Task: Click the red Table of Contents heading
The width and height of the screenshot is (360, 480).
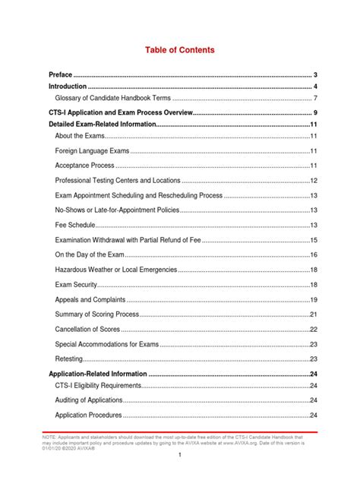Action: [180, 50]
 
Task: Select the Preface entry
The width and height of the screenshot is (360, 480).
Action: [61, 74]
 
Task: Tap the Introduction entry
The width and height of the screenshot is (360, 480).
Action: [67, 87]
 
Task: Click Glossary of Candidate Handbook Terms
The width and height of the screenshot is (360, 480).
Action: [115, 98]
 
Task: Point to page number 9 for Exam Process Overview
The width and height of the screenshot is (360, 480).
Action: [314, 112]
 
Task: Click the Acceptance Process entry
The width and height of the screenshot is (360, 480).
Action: [85, 166]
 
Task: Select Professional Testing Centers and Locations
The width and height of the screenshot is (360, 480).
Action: [118, 181]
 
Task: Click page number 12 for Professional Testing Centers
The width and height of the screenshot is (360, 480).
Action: [313, 181]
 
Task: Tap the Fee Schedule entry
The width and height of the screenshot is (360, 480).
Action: [75, 225]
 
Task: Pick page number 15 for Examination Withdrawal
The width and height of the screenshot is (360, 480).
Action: [313, 240]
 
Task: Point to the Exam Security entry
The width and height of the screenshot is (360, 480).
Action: [77, 284]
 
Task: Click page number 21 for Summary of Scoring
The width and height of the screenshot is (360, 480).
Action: [313, 314]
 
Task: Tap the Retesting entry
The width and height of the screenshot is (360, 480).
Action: [69, 358]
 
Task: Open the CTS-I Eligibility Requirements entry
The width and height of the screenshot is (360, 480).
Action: [98, 386]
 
